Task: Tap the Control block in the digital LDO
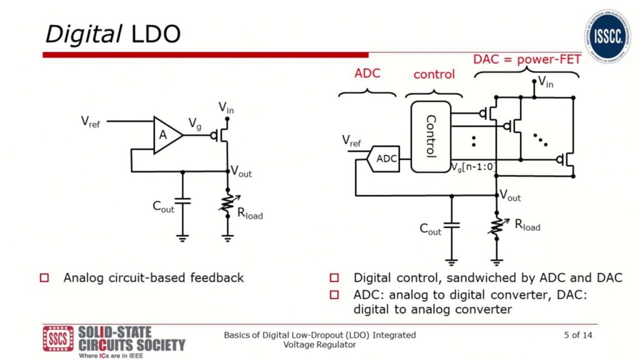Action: coord(430,136)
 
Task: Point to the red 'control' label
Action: coord(434,74)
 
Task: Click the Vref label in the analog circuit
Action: coord(91,122)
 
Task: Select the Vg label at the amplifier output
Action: coord(194,124)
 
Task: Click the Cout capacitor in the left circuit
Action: coord(182,201)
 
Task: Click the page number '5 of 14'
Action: coord(578,336)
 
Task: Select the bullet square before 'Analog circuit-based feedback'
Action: coord(44,277)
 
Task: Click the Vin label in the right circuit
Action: coord(545,81)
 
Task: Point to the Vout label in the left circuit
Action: coord(241,172)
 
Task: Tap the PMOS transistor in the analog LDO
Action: coord(221,134)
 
